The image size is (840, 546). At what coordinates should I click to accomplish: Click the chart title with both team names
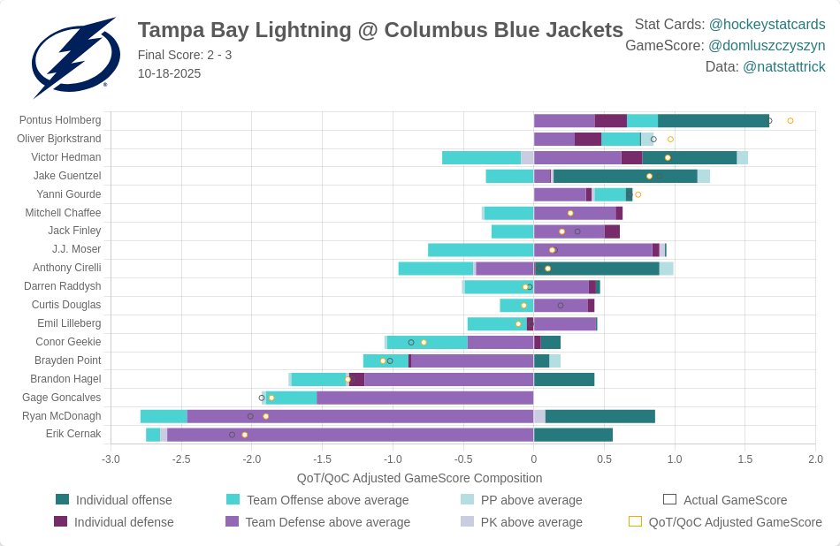(380, 30)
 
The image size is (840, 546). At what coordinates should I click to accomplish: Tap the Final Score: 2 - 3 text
(185, 55)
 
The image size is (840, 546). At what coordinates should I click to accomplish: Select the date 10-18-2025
(169, 73)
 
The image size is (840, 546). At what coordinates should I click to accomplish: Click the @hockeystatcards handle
(767, 24)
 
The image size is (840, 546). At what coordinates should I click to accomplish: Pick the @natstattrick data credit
(783, 66)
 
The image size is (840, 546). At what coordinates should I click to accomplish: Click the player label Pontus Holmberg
(60, 120)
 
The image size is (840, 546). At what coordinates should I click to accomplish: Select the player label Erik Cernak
(73, 434)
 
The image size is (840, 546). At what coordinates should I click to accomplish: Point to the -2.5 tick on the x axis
(181, 459)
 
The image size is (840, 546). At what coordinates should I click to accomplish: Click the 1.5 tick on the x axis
(745, 459)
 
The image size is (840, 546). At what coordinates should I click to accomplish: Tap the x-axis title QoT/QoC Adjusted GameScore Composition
(419, 478)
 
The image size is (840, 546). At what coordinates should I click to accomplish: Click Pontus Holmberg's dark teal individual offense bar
(713, 120)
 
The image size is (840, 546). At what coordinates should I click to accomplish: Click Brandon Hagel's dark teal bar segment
(563, 379)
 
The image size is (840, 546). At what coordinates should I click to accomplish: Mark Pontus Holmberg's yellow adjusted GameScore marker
(790, 120)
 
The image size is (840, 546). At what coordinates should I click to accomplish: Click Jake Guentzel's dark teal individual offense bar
(624, 176)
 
